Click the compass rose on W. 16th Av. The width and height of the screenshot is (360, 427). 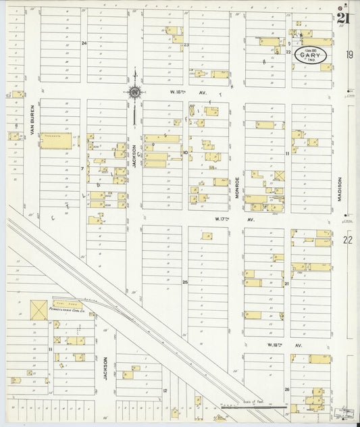pyautogui.click(x=134, y=93)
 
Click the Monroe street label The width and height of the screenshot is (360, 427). pyautogui.click(x=237, y=186)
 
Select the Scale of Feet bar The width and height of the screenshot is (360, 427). pyautogui.click(x=252, y=407)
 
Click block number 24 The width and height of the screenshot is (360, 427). pyautogui.click(x=84, y=43)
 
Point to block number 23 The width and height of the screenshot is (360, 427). pyautogui.click(x=186, y=45)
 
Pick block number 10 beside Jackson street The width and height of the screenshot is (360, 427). pyautogui.click(x=184, y=153)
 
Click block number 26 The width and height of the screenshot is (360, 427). pyautogui.click(x=286, y=389)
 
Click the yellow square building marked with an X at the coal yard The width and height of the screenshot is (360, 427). pyautogui.click(x=38, y=310)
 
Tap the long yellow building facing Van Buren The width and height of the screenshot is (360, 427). pyautogui.click(x=55, y=141)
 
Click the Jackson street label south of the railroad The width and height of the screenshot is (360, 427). pyautogui.click(x=106, y=369)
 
